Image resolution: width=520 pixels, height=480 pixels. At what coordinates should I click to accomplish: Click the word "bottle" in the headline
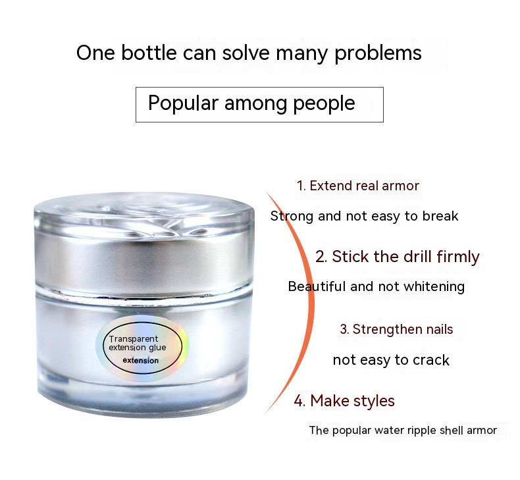pos(149,53)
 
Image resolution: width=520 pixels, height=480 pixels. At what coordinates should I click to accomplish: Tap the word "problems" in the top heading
pos(378,54)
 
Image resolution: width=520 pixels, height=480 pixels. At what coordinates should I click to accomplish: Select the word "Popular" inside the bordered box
pos(183,103)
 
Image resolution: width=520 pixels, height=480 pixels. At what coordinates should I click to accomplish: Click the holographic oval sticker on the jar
pos(142,348)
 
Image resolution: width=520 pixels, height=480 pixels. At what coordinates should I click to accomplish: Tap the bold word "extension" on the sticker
pos(141,361)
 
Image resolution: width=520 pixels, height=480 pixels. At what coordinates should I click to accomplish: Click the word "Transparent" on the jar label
pos(134,339)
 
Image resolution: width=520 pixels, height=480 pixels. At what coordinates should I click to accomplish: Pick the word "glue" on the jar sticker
pos(157,348)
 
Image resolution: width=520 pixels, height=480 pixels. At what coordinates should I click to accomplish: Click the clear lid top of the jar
pos(144,212)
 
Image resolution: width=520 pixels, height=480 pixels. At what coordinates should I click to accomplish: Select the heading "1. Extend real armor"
pos(358,186)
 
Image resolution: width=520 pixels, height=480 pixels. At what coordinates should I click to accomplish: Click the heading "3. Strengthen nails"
pos(396,329)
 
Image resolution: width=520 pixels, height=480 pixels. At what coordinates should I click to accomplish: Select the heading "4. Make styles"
pos(344,401)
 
